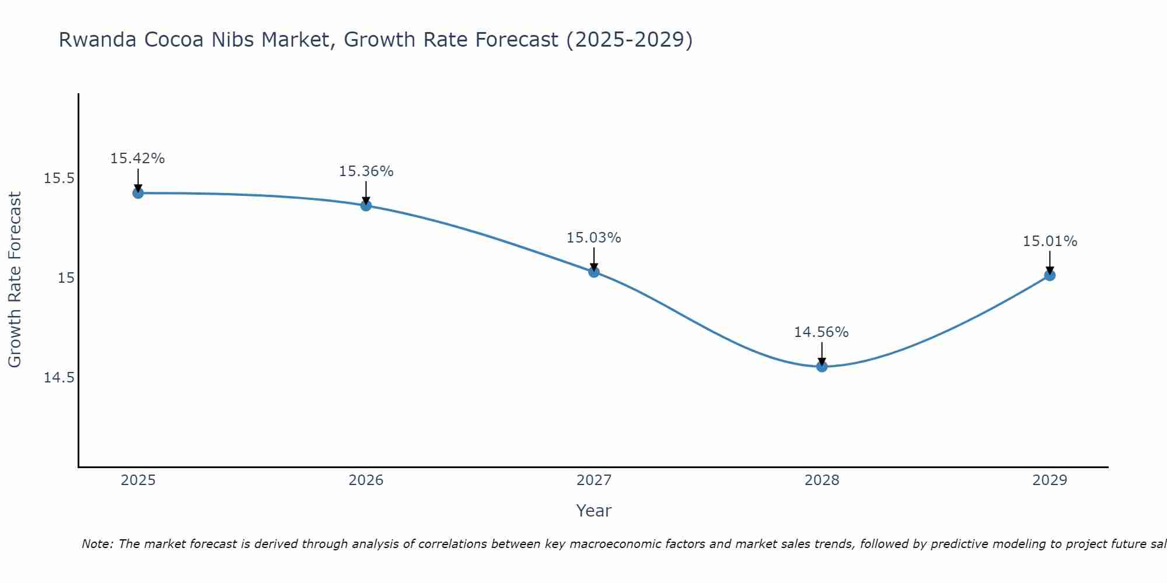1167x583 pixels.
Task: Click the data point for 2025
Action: [138, 193]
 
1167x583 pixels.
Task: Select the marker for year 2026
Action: [366, 205]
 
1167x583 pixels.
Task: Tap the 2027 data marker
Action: [594, 272]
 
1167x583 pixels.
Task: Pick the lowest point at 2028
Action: [822, 366]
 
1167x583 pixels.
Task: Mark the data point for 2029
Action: [1050, 275]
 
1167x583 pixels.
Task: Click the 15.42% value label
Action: [138, 159]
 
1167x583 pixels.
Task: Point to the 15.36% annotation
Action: [366, 171]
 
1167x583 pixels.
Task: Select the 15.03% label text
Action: [593, 238]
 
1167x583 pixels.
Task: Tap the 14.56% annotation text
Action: [821, 332]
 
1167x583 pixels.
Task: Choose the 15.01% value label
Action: [1050, 241]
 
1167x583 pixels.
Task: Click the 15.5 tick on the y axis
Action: [59, 178]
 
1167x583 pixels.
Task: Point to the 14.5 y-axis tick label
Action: [59, 378]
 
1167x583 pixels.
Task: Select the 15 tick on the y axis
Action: [66, 278]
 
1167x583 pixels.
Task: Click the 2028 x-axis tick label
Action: [822, 480]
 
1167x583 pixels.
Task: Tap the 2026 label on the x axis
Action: [366, 480]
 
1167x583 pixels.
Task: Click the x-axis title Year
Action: [593, 511]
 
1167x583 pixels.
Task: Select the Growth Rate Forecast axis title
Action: [15, 280]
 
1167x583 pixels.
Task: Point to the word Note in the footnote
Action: [97, 544]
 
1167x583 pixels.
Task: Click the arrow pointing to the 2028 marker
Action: [822, 353]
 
